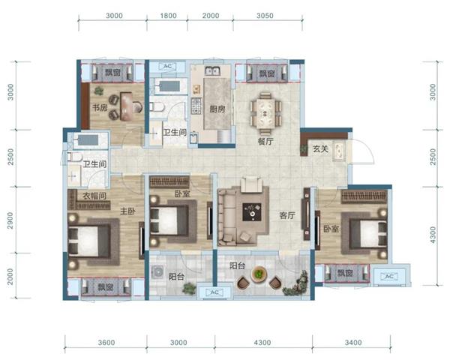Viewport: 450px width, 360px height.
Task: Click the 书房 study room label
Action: tap(100, 108)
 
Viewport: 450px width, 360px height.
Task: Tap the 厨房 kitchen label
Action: tap(217, 109)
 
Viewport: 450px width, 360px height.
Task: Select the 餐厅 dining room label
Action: tap(265, 141)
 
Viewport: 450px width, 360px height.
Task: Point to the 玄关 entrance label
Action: tap(320, 149)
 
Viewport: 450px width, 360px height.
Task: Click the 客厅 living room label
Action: tap(287, 215)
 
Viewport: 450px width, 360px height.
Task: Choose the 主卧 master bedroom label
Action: tap(127, 211)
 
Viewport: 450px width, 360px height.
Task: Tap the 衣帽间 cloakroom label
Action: tap(94, 196)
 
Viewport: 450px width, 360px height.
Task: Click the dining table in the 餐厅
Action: tap(265, 113)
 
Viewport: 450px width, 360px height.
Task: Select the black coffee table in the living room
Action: tap(252, 211)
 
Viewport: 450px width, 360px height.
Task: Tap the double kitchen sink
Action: tap(212, 70)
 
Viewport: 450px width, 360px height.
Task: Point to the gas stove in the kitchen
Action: tap(196, 106)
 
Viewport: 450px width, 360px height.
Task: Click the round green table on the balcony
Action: tap(259, 274)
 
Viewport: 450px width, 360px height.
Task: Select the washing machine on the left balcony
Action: tap(157, 272)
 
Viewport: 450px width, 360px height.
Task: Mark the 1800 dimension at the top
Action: tap(168, 16)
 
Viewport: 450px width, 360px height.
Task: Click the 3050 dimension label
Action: tap(265, 16)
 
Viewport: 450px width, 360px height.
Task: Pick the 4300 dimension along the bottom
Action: tap(262, 343)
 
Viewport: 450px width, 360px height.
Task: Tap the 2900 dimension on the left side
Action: tap(10, 220)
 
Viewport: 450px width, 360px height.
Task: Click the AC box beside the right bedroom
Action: tap(388, 277)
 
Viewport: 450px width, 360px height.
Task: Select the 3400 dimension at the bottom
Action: tap(353, 343)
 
